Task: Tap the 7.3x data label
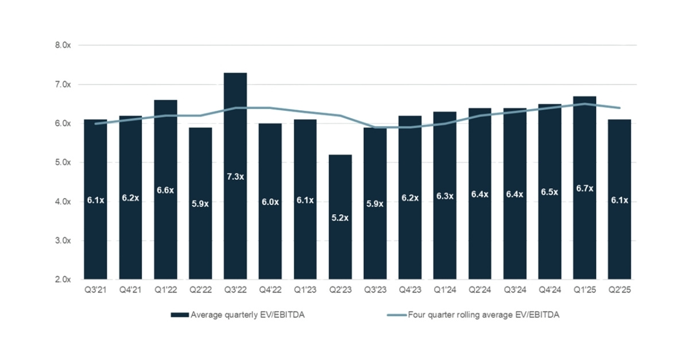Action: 235,177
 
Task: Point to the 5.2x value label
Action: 340,218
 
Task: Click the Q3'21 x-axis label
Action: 95,291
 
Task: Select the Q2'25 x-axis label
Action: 620,291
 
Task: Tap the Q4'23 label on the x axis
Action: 410,291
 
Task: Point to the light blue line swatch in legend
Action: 396,315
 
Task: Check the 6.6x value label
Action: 165,190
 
